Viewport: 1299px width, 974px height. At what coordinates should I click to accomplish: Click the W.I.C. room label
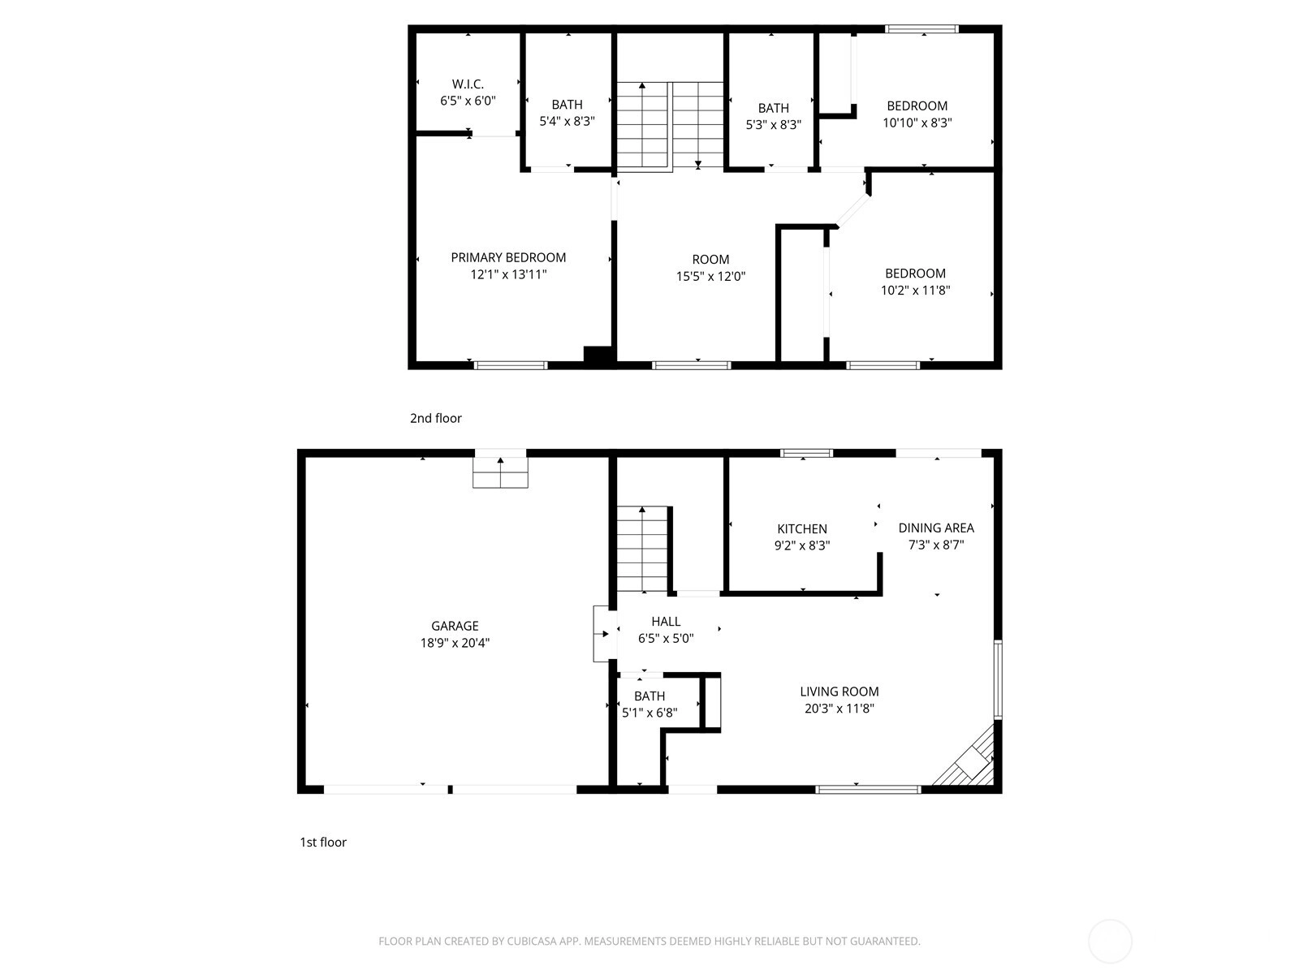pos(468,84)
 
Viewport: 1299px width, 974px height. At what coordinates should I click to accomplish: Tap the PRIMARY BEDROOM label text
pos(508,257)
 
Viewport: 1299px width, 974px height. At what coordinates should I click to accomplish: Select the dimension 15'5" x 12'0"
pos(710,276)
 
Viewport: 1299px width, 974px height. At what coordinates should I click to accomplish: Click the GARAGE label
pos(455,626)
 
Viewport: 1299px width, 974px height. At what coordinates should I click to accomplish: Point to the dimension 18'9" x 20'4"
pos(455,643)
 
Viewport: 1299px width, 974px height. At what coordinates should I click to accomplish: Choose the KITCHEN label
pos(802,528)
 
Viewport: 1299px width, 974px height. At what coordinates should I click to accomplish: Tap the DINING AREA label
pos(936,528)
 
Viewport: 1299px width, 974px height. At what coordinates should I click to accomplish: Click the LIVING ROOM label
pos(839,692)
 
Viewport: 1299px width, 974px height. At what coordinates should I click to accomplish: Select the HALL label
pos(666,622)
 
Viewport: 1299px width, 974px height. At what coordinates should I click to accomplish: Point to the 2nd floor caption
pos(435,418)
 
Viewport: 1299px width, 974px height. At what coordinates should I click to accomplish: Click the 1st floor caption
pos(323,843)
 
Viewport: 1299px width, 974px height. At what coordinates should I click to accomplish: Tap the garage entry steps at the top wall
pos(500,472)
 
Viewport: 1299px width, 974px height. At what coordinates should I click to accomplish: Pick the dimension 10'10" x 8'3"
pos(917,123)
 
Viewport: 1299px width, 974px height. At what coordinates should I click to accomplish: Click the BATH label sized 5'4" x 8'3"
pos(567,105)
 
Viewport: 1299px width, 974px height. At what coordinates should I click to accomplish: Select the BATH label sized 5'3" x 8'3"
pos(774,108)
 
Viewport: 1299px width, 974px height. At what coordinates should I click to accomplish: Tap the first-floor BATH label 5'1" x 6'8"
pos(649,696)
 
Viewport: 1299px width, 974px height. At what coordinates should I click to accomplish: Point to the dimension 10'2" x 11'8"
pos(916,291)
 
